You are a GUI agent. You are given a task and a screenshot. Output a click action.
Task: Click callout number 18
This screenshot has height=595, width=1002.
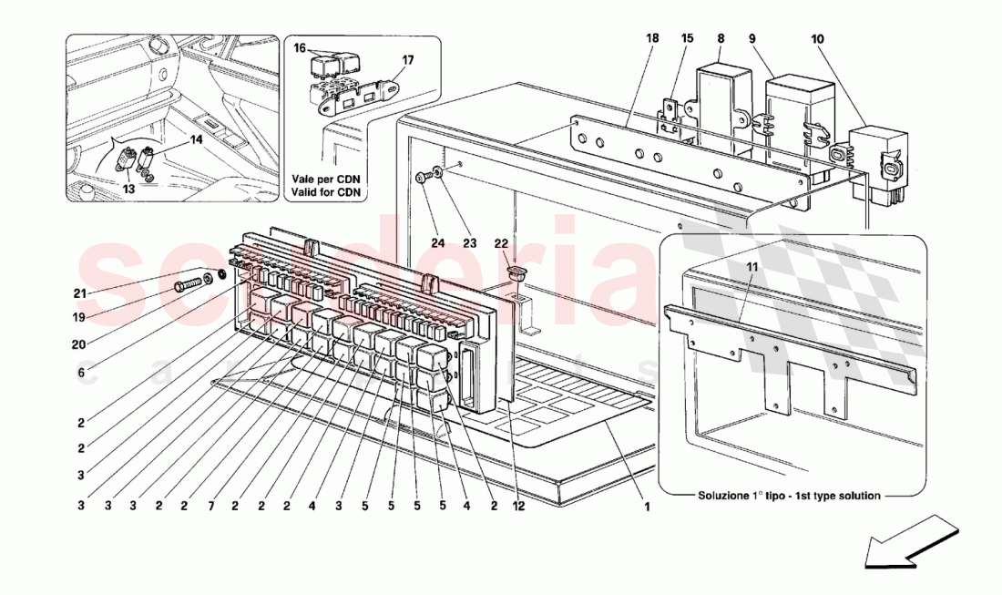click(x=652, y=38)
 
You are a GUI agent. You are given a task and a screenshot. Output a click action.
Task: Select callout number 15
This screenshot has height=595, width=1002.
click(x=687, y=38)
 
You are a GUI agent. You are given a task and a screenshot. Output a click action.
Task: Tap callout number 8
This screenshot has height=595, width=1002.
click(x=721, y=38)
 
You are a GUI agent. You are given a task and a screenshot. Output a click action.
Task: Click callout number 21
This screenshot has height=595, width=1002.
click(x=79, y=292)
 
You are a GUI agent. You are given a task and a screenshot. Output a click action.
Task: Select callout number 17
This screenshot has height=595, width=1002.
click(x=407, y=61)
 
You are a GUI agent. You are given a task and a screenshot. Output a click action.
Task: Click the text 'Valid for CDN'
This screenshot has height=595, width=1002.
click(x=325, y=192)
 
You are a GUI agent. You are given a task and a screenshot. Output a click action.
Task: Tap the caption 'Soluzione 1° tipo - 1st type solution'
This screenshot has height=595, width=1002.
click(x=789, y=496)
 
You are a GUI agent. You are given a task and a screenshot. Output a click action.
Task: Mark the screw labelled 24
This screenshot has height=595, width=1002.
click(x=423, y=178)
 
